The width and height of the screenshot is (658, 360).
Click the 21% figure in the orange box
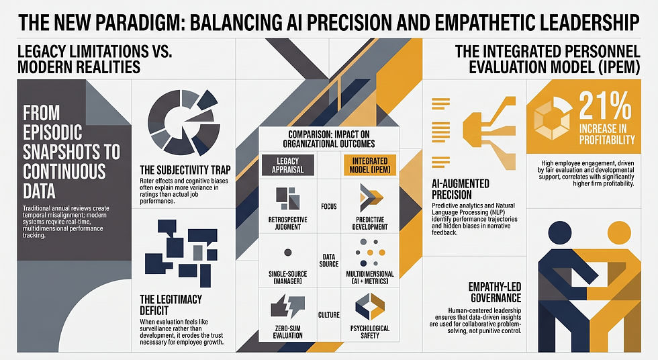pos(606,106)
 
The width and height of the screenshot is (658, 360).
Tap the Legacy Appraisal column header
pos(288,165)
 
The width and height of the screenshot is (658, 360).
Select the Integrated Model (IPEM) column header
pos(370,165)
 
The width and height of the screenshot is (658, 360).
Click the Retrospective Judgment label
pos(288,223)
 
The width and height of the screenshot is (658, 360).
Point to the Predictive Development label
pos(370,223)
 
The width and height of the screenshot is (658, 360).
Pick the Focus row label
pos(329,206)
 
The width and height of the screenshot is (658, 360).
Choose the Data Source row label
pos(329,260)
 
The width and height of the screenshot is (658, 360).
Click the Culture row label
pos(329,315)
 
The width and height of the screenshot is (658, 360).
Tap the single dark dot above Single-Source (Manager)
pos(288,252)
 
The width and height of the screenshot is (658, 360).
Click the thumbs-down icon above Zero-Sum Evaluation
pos(288,306)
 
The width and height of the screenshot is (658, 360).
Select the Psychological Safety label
pos(370,332)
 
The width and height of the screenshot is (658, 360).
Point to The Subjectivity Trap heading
pos(185,170)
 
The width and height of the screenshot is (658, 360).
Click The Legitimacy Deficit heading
pos(171,305)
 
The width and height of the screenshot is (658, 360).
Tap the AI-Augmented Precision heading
pos(461,189)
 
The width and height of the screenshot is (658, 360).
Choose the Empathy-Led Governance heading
pos(495,292)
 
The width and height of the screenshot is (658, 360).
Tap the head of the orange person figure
pos(619,232)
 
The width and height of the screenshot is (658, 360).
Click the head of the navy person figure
pos(560,232)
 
